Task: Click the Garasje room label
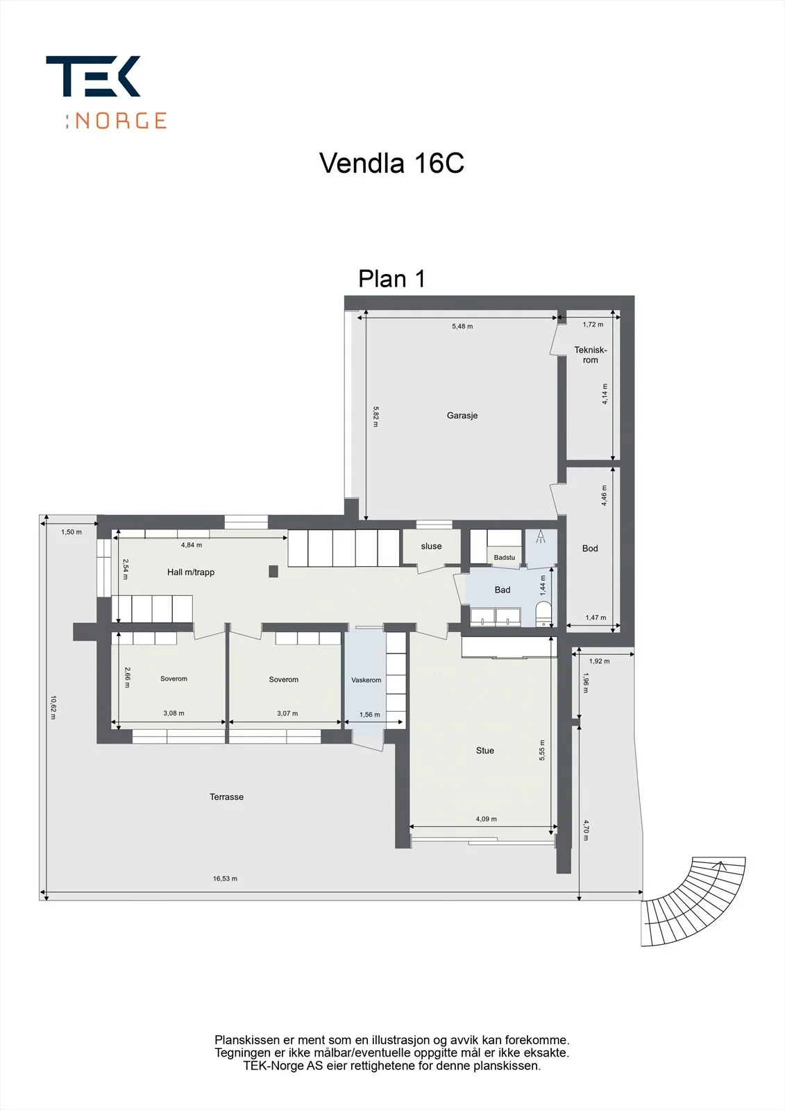[x=462, y=416]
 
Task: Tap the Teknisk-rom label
[x=590, y=355]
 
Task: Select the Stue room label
[x=484, y=750]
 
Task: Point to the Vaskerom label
[x=366, y=680]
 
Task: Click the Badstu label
[x=505, y=558]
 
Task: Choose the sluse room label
[x=431, y=546]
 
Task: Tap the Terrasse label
[x=227, y=797]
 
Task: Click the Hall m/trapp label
[x=190, y=572]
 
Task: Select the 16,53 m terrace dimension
[x=225, y=878]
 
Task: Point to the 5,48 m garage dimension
[x=462, y=326]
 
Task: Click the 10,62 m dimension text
[x=53, y=707]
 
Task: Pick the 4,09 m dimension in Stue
[x=486, y=819]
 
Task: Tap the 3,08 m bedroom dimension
[x=174, y=713]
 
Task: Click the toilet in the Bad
[x=544, y=614]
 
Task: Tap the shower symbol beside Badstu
[x=541, y=537]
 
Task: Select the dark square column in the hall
[x=273, y=572]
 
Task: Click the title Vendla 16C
[x=391, y=162]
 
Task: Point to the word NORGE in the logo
[x=121, y=121]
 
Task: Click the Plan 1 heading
[x=391, y=278]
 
